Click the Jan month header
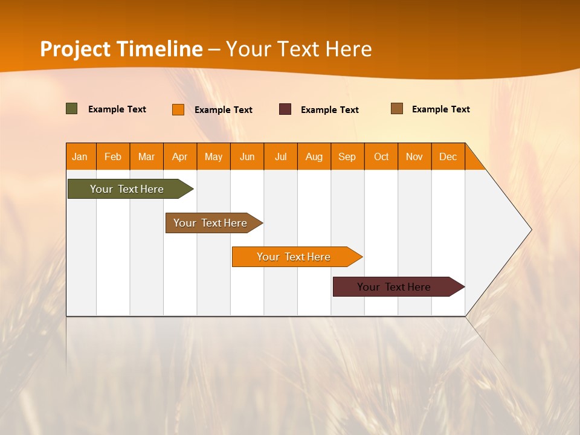coord(80,156)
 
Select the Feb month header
coord(113,156)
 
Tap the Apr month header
coord(180,156)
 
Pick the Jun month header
coord(247,156)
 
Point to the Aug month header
coord(314,156)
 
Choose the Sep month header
coord(347,156)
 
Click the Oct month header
coord(381,156)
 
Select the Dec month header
coord(448,156)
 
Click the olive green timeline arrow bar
coord(127,189)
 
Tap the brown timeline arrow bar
coord(211,223)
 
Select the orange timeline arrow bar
coord(294,257)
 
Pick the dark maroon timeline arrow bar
coord(395,287)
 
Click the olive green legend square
coord(72,109)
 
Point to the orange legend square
coord(178,109)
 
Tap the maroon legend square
coord(285,109)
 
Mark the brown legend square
coord(397,109)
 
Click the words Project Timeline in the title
coord(121,49)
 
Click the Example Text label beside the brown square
coord(441,109)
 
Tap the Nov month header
coord(414,156)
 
